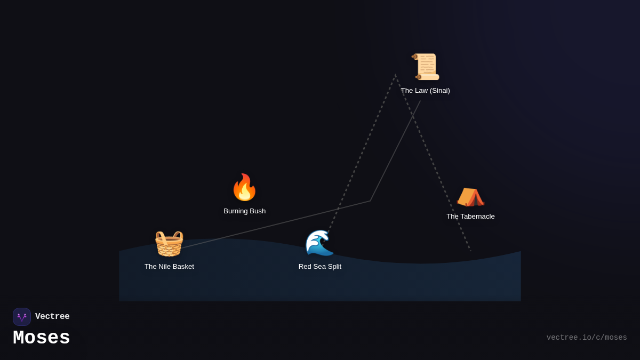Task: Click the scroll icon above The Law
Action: tap(426, 67)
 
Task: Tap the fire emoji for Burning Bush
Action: tap(244, 187)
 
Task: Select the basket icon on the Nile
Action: tap(169, 243)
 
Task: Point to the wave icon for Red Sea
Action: tap(319, 243)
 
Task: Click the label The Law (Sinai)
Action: tap(425, 91)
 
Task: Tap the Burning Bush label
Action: tap(244, 211)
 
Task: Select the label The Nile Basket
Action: tap(169, 267)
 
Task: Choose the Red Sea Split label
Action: tap(320, 267)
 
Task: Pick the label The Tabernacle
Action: tap(470, 217)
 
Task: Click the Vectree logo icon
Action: tap(22, 317)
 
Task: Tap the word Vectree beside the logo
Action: tap(52, 317)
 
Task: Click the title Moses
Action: tap(42, 338)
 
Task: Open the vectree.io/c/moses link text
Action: tap(587, 338)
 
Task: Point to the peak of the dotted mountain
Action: tap(395, 75)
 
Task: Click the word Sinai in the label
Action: tap(439, 91)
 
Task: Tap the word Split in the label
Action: tap(333, 267)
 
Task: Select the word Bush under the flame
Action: tap(257, 211)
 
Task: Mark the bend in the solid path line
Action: tap(370, 201)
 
